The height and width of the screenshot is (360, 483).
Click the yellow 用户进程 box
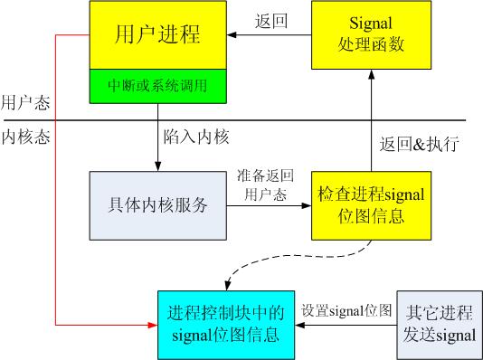click(x=157, y=35)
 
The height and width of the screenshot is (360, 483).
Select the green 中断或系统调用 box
click(x=157, y=86)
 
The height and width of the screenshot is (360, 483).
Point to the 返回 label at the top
click(x=271, y=21)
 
